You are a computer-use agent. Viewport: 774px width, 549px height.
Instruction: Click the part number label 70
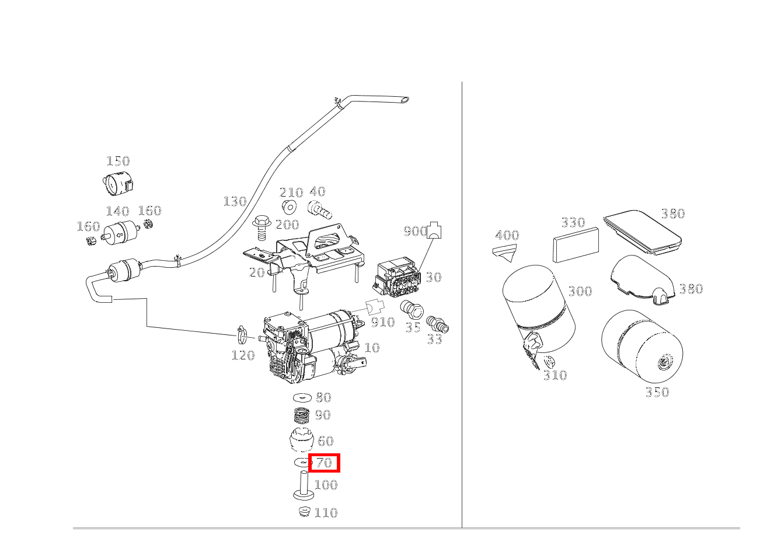click(324, 463)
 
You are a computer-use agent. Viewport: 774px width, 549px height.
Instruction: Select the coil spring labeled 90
click(302, 415)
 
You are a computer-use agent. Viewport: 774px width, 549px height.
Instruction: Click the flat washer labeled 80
click(302, 397)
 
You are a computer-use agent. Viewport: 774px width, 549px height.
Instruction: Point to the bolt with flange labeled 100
click(303, 485)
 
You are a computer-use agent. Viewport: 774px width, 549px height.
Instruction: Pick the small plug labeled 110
click(302, 512)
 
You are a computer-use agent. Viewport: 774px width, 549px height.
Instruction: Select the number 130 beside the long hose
click(235, 202)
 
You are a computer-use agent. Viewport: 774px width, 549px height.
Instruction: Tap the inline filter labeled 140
click(118, 233)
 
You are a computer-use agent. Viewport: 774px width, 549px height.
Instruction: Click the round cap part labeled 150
click(117, 184)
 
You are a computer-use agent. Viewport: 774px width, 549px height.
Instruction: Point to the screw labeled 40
click(319, 208)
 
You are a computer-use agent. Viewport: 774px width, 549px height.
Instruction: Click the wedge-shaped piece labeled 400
click(505, 251)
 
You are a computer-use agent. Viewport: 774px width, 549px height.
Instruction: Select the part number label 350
click(657, 393)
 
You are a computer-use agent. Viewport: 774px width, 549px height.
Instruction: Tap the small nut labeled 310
click(549, 361)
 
